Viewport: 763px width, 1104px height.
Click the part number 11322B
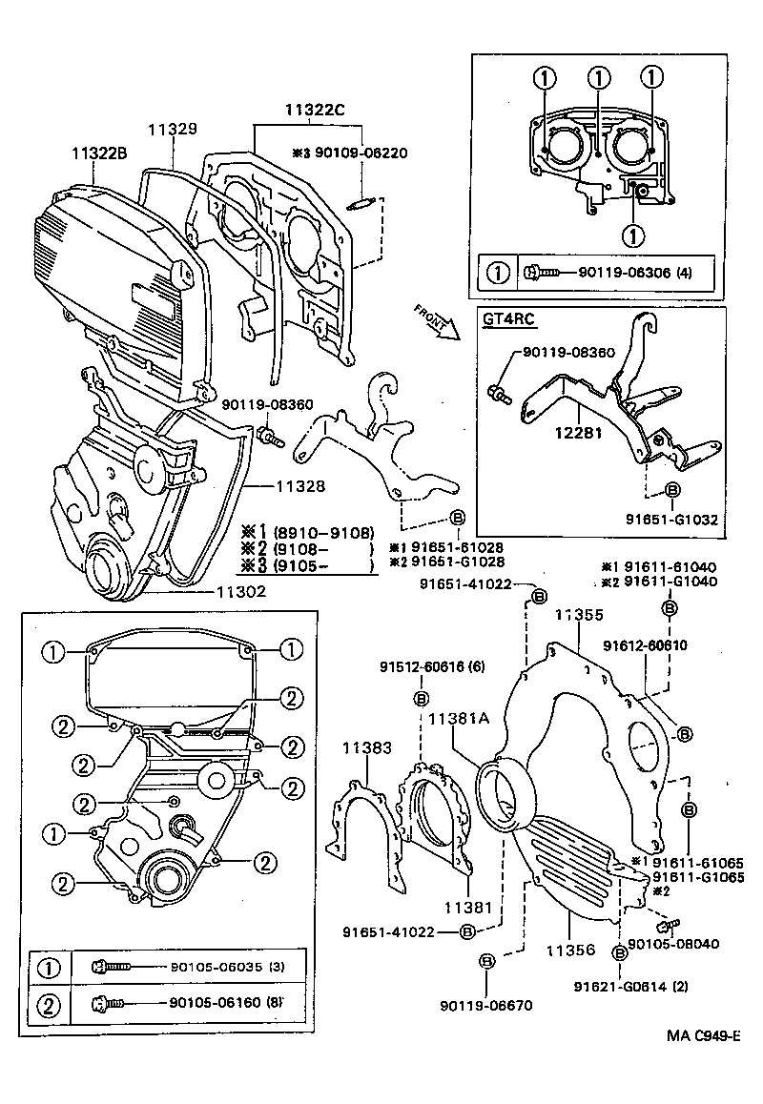pyautogui.click(x=99, y=152)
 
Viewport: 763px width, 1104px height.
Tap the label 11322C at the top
pyautogui.click(x=314, y=110)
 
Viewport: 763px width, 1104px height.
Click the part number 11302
pyautogui.click(x=239, y=591)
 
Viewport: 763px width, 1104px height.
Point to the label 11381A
pyautogui.click(x=458, y=720)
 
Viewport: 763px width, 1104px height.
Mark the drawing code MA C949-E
pyautogui.click(x=704, y=1036)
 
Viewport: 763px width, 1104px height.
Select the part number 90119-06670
pyautogui.click(x=486, y=1004)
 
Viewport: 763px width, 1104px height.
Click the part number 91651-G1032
pyautogui.click(x=672, y=520)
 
